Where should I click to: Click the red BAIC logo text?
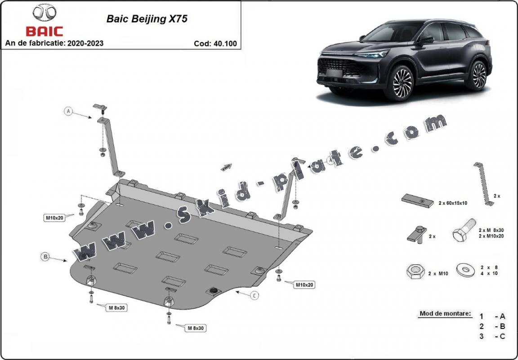pos(44,31)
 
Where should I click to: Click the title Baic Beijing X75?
pos(147,19)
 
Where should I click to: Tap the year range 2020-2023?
pos(85,43)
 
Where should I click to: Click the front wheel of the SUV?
pos(402,83)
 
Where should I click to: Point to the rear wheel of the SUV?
pos(478,76)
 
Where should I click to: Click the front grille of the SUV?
pos(341,67)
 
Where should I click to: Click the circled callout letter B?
pos(45,256)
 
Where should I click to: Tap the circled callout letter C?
pos(254,296)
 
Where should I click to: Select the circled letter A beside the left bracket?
pos(68,111)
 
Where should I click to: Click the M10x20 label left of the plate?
pos(54,218)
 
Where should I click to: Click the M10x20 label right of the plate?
pos(304,284)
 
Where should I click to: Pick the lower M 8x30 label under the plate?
pos(196,328)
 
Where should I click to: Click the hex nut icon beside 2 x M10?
pos(415,272)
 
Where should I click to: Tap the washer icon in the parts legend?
pos(466,270)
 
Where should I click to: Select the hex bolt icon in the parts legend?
pos(464,230)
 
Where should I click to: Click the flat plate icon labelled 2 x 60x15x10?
pos(418,200)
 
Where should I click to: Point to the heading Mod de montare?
pos(445,313)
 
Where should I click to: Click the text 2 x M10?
pos(438,273)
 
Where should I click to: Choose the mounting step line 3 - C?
pos(492,336)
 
